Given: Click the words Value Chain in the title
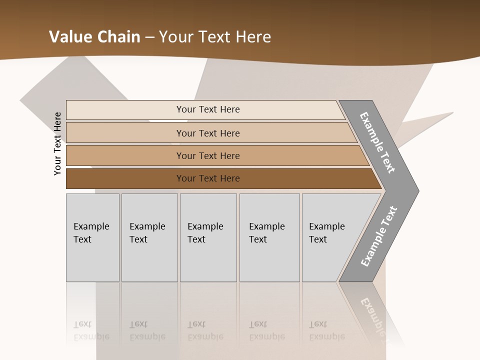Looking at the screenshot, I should [x=94, y=37].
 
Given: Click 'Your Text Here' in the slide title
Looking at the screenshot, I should [x=215, y=37].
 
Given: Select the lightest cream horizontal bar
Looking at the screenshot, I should [x=125, y=109].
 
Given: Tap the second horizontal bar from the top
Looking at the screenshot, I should [x=125, y=133].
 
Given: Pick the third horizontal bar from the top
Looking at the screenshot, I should [x=125, y=155].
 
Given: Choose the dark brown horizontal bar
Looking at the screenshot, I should [x=125, y=178].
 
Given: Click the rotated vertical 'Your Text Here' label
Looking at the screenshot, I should [x=58, y=143].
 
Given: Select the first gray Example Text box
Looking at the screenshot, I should [x=92, y=237].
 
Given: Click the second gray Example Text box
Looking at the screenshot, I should [x=149, y=237].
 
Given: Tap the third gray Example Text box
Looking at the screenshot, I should [x=208, y=237].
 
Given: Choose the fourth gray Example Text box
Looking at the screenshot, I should [x=269, y=237].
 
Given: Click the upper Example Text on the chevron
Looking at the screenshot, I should [x=378, y=142].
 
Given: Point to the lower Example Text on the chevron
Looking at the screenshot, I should [x=378, y=236].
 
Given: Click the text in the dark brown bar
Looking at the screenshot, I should [x=208, y=178].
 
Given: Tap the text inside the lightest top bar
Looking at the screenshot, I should [x=208, y=109].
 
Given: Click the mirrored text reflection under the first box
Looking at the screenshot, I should [x=91, y=330].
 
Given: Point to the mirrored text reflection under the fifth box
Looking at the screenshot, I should [x=326, y=330].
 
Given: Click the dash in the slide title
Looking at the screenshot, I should [x=149, y=37].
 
